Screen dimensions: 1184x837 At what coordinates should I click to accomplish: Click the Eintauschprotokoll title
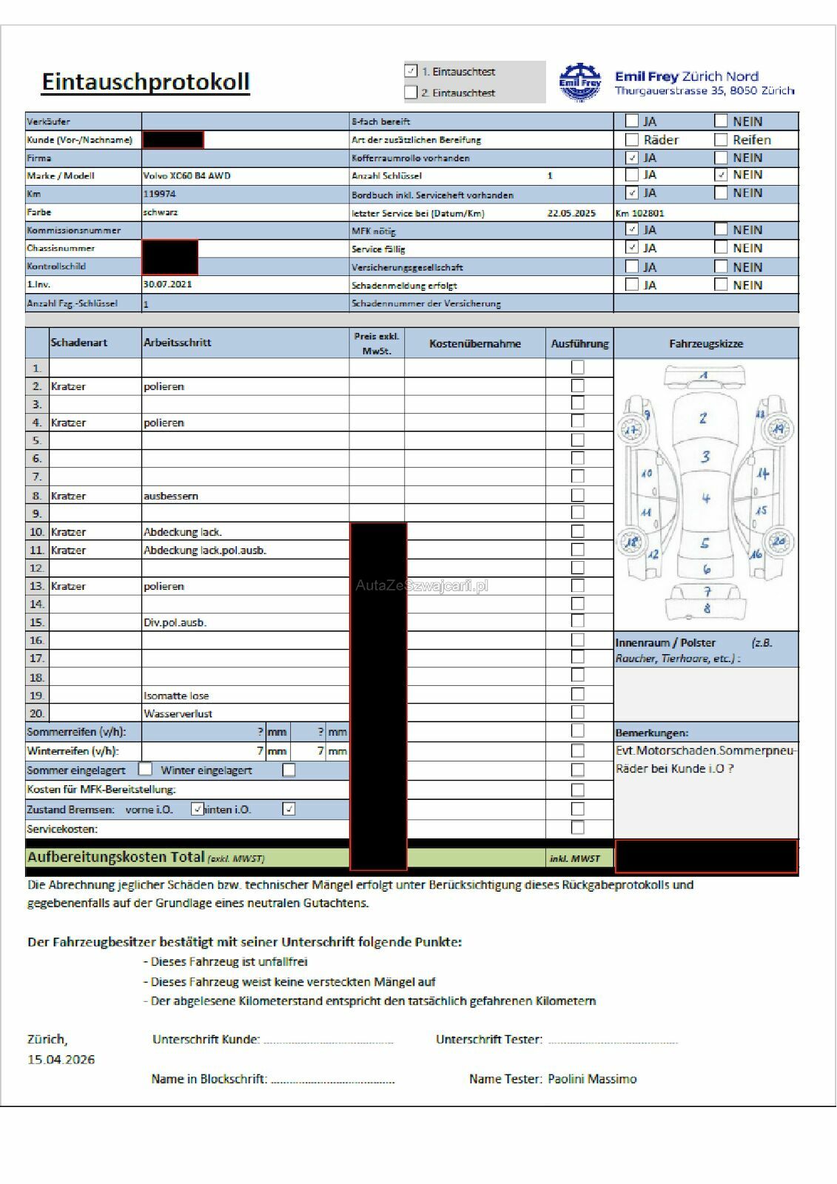[x=146, y=81]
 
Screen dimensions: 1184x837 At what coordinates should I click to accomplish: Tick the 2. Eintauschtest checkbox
[x=411, y=92]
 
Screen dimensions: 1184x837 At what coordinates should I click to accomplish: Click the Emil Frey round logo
[x=579, y=81]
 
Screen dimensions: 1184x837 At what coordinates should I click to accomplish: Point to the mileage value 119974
[x=159, y=194]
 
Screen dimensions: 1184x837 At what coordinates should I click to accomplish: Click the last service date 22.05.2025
[x=571, y=213]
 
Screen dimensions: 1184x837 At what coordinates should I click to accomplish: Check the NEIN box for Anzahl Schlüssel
[x=721, y=175]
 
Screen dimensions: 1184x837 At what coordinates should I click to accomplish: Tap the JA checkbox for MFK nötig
[x=632, y=229]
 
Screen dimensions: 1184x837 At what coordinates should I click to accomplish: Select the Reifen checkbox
[x=721, y=139]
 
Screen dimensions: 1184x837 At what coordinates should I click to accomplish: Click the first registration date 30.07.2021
[x=167, y=284]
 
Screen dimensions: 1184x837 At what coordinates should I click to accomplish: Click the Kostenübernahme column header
[x=475, y=343]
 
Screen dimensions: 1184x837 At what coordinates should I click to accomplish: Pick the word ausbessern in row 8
[x=171, y=496]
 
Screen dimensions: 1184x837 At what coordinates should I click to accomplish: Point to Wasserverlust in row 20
[x=178, y=713]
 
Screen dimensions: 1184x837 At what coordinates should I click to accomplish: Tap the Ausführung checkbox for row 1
[x=578, y=367]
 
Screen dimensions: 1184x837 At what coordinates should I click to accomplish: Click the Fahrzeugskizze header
[x=706, y=343]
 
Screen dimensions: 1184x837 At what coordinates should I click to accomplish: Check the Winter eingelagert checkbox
[x=289, y=770]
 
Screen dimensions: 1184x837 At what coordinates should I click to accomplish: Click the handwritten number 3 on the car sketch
[x=705, y=457]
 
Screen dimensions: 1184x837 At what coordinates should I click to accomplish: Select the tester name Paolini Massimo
[x=592, y=1079]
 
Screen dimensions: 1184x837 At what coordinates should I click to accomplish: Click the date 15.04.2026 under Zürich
[x=61, y=1060]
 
